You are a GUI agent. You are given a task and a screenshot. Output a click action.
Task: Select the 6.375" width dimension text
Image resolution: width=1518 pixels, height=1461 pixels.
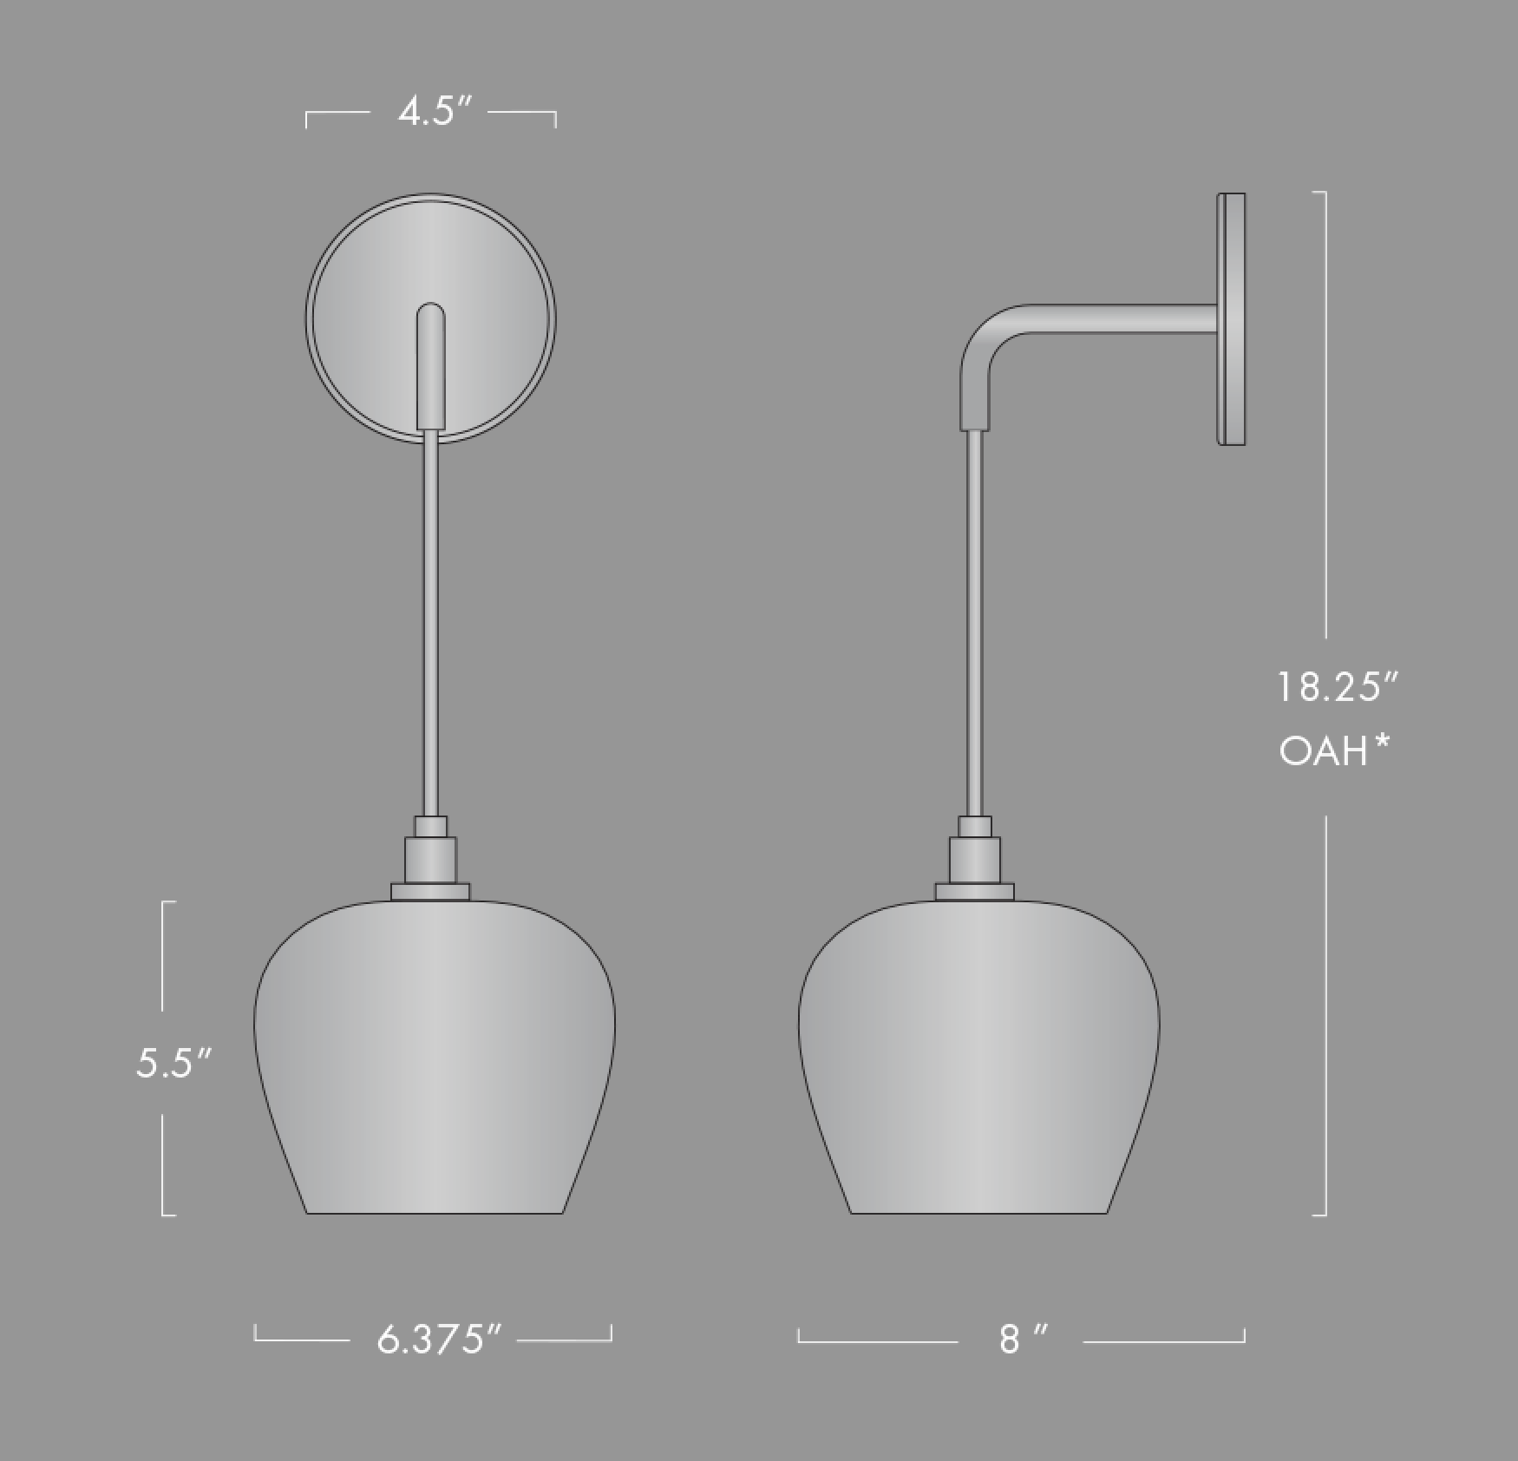coord(439,1339)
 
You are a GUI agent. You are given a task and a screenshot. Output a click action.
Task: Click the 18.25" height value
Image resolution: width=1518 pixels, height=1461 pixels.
coord(1337,687)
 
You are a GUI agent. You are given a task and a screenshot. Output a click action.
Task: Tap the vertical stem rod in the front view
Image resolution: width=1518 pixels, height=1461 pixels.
coord(430,625)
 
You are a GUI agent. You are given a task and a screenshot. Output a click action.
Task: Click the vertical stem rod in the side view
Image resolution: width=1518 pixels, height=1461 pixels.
coord(975,625)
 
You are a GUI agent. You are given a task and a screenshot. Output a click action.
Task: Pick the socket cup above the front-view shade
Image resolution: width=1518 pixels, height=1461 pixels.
coord(430,859)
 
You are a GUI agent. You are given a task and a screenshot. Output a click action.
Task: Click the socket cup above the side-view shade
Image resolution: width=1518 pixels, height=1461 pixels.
coord(975,859)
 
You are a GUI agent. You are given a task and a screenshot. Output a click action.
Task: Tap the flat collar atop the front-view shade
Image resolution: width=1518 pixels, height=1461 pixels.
coord(430,892)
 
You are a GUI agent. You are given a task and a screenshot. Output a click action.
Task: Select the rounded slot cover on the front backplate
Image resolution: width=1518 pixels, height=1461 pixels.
coord(431,364)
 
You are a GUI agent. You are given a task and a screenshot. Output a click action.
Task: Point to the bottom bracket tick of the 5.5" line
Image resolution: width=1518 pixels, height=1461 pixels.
coord(168,1214)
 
